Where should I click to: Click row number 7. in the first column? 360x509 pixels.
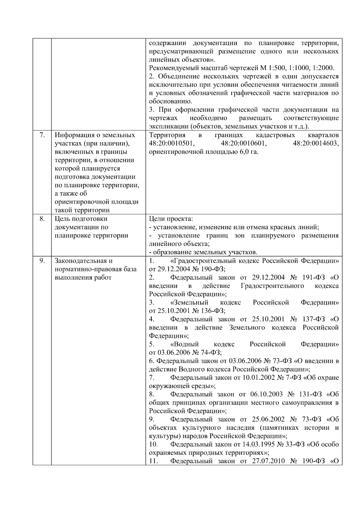(x=42, y=135)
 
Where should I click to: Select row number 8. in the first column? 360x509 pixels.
(x=42, y=219)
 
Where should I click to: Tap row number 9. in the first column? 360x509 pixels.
(x=42, y=261)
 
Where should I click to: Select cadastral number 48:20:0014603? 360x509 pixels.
(x=316, y=143)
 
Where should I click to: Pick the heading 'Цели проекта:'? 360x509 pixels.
(x=171, y=219)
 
